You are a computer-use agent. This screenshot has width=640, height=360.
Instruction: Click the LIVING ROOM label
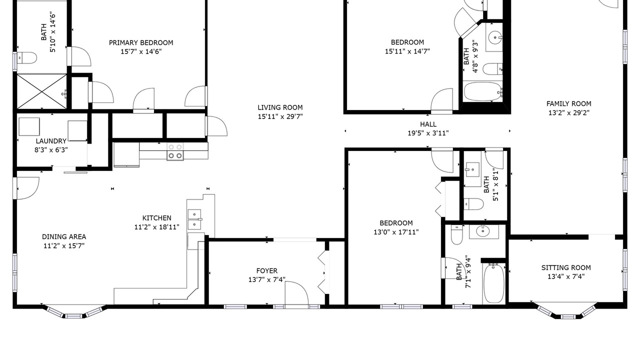280,107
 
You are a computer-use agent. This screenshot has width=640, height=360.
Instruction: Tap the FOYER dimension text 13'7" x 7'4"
266,279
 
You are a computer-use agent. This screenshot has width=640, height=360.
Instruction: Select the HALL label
428,124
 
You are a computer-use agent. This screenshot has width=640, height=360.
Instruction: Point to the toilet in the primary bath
27,58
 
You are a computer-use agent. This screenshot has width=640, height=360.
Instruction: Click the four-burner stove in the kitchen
175,151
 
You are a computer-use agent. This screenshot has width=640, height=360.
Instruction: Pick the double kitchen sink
194,219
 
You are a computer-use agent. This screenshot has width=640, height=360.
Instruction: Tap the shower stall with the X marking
41,91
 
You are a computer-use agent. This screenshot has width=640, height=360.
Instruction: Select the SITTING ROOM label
566,267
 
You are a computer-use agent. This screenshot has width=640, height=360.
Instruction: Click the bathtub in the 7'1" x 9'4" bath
493,283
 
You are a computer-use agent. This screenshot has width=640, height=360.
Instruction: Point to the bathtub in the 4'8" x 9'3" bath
482,91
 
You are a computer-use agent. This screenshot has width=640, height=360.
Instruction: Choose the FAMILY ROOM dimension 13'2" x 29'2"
569,112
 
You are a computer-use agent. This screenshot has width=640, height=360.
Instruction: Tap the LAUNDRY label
51,141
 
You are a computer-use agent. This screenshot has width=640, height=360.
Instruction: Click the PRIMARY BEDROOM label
141,43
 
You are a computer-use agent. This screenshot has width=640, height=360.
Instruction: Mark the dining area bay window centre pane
72,316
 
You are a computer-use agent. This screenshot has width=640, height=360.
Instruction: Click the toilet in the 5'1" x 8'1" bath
473,204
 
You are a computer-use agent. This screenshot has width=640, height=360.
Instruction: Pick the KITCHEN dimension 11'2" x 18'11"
157,227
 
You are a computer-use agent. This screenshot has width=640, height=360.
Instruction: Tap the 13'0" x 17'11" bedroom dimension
396,232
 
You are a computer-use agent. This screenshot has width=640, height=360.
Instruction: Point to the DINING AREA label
64,236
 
